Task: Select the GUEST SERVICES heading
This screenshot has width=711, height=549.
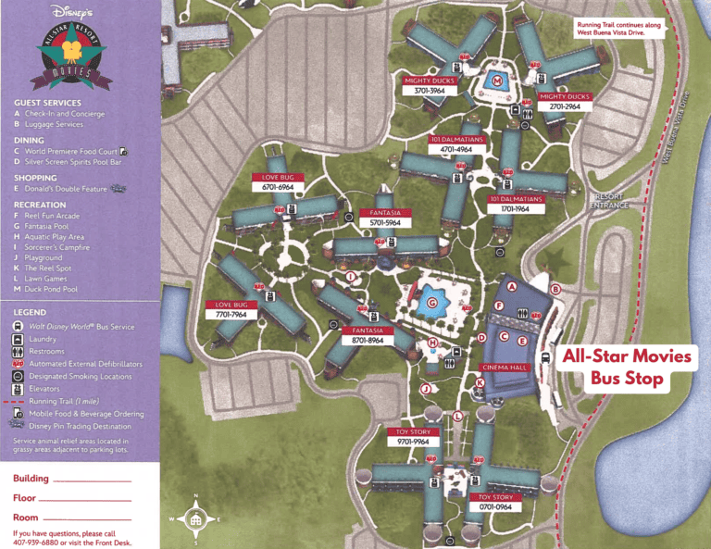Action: click(48, 103)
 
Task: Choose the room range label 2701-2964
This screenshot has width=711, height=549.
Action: click(565, 106)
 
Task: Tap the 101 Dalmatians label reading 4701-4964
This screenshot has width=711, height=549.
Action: click(457, 148)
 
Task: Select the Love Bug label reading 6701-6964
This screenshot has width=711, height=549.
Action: click(278, 186)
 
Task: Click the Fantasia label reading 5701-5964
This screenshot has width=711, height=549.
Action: click(384, 222)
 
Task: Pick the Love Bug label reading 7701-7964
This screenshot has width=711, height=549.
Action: click(231, 314)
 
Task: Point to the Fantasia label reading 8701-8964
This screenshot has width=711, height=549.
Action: click(368, 340)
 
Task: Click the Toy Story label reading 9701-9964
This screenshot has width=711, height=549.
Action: click(413, 442)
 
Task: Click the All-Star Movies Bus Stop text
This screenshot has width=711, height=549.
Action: click(627, 367)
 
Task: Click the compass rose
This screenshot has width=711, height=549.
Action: click(194, 519)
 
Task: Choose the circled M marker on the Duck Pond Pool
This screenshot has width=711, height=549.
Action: click(498, 81)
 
